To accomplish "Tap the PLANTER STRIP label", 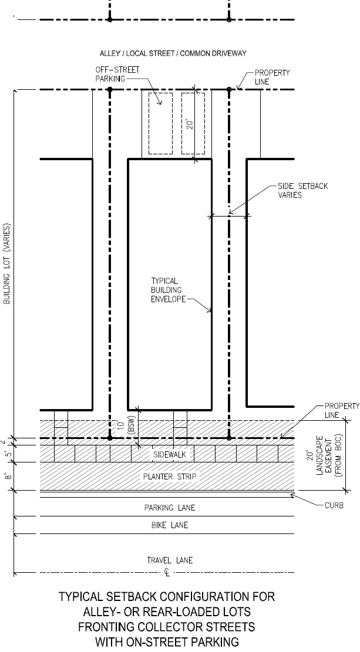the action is [169, 477].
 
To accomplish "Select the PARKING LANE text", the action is [169, 508].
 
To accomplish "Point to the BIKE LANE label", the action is [170, 525].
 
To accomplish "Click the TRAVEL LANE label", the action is [170, 560].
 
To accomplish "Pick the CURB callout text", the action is [334, 506].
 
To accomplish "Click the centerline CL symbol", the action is [167, 573].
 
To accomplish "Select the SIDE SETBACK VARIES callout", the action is [303, 191].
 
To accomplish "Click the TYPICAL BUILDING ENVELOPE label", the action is [168, 290].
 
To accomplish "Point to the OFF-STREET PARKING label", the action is [117, 74].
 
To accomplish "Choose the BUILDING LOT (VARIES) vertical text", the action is [7, 264].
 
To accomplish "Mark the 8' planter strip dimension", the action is [8, 476].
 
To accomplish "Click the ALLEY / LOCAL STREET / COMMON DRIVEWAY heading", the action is [173, 53].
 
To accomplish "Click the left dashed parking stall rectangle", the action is [161, 123].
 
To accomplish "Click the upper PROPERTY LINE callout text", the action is [272, 77].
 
